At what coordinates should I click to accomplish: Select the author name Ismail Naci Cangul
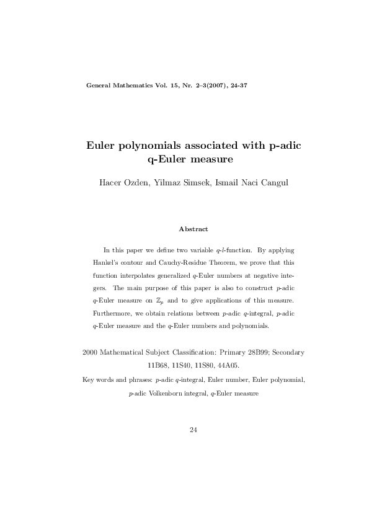click(244, 187)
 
